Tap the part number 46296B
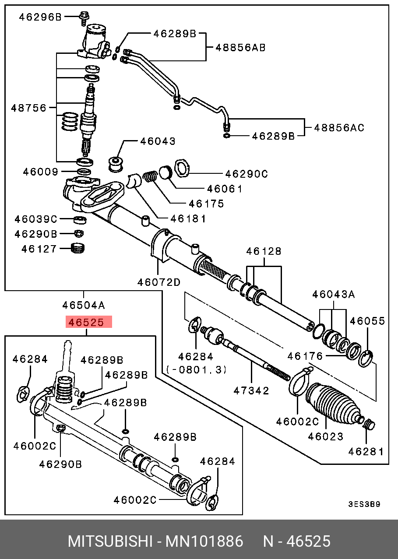pos(40,17)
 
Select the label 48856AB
pos(240,47)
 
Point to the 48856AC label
pos(339,128)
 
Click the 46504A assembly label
pos(83,305)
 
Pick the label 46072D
pos(158,282)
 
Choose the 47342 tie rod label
pos(251,390)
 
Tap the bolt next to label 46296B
pos(83,18)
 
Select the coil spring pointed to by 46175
pos(151,176)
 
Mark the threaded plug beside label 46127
pos(78,249)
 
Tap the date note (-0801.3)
pos(197,370)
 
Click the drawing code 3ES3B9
pos(364,504)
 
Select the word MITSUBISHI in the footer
pos(110,541)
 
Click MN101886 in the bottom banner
pos(204,541)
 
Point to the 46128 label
pos(264,252)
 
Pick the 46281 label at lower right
pos(366,451)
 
